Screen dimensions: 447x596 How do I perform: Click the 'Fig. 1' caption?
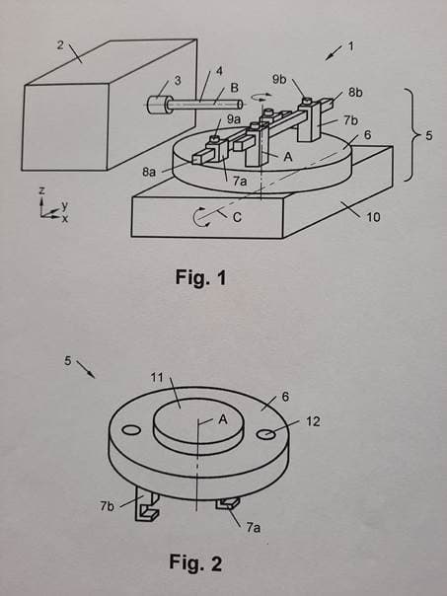point(200,277)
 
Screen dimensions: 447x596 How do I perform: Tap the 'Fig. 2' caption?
point(195,562)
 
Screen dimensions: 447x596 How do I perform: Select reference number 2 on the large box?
point(60,45)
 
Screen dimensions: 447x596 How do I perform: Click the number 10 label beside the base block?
point(373,217)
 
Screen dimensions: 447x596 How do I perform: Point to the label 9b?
point(280,80)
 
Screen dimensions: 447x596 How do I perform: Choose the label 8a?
point(149,172)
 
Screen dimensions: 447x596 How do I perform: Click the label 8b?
point(355,93)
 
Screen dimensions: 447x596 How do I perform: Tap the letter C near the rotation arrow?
point(237,217)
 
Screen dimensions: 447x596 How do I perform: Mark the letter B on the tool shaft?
point(234,88)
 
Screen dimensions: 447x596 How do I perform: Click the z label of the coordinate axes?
point(42,190)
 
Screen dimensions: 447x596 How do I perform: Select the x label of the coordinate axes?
point(65,219)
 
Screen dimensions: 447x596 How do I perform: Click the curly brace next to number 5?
point(409,135)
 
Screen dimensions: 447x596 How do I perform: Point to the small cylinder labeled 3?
point(157,105)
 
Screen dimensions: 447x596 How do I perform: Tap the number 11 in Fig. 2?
point(157,378)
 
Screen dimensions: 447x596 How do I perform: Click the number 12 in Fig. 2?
point(313,421)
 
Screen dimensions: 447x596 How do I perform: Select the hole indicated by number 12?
point(265,434)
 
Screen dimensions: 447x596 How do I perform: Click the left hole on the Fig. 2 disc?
point(131,430)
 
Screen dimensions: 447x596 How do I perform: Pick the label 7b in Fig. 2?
point(108,506)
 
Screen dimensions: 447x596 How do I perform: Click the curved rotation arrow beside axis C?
point(197,217)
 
